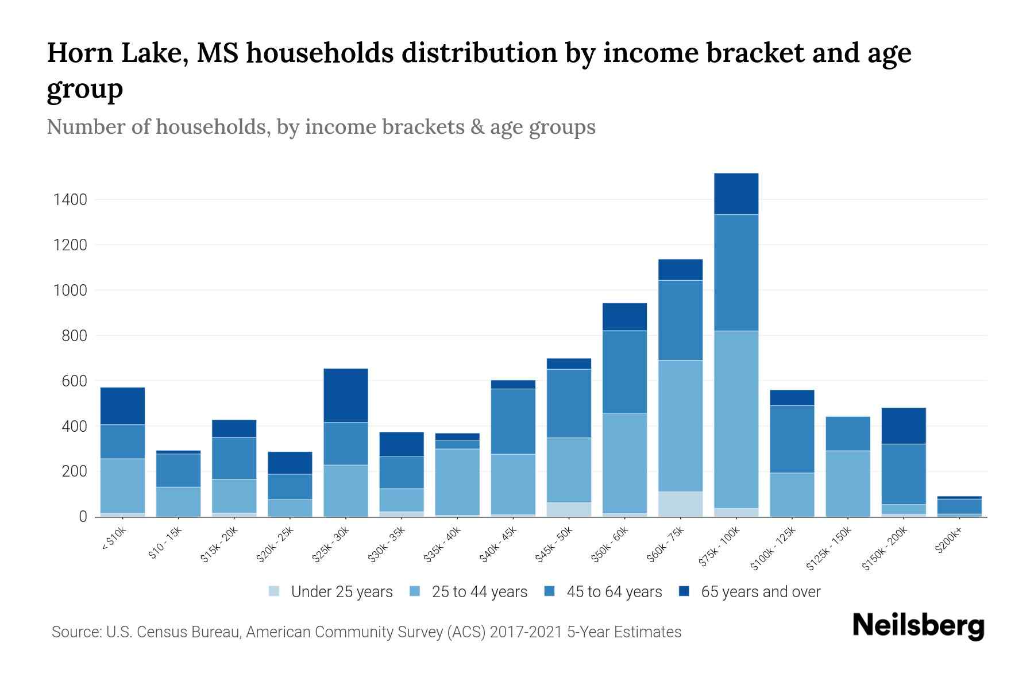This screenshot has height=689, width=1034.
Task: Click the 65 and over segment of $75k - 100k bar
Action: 736,193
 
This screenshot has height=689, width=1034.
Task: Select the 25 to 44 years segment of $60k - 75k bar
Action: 680,425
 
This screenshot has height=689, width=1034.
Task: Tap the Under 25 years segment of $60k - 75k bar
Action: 680,504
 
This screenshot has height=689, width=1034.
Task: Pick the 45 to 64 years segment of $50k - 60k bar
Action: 624,371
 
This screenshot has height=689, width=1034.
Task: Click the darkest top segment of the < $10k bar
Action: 122,405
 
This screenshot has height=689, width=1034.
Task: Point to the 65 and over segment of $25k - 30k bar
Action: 345,395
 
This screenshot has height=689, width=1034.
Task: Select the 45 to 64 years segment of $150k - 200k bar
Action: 903,474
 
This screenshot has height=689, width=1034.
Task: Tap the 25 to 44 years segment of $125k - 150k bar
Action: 847,483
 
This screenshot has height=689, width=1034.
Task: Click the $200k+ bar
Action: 959,507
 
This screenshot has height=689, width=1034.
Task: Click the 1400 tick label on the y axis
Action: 70,200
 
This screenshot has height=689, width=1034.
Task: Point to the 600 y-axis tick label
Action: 74,381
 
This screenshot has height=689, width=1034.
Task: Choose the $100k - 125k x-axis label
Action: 773,548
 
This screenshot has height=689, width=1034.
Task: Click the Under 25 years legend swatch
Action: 275,591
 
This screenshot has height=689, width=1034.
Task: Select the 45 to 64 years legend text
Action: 614,591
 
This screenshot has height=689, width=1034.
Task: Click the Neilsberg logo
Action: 918,626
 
